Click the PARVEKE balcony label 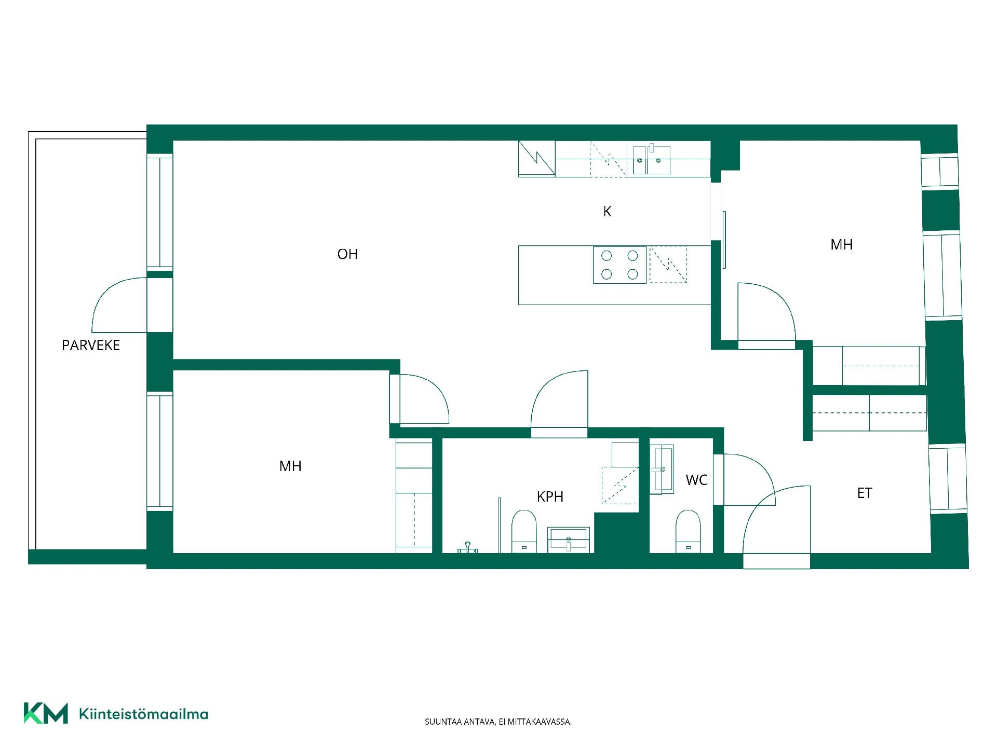(x=91, y=345)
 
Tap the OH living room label (x=347, y=254)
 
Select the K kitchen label (x=607, y=212)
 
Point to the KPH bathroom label (x=550, y=497)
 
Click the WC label (x=696, y=480)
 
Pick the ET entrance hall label (x=865, y=493)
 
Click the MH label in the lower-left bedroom (x=290, y=466)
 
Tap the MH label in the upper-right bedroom (x=841, y=245)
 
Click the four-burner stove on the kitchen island (x=620, y=265)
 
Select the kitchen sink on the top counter (x=652, y=160)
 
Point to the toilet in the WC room (x=688, y=532)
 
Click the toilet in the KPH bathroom (x=524, y=532)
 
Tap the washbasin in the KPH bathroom (x=569, y=539)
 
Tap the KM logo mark (x=46, y=713)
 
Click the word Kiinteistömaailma (x=143, y=714)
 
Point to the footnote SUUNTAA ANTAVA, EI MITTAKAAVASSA (x=498, y=722)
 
